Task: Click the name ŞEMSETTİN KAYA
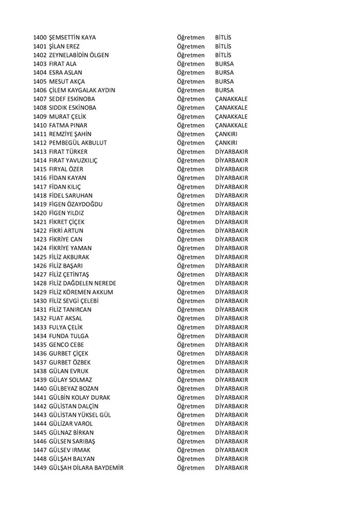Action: click(73, 37)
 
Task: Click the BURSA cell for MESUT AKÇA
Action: click(224, 82)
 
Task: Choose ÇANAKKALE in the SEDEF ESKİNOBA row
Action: click(231, 99)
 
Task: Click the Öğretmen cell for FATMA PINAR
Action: click(191, 126)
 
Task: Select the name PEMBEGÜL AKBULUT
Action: click(78, 143)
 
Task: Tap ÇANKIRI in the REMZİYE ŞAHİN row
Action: click(227, 135)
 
